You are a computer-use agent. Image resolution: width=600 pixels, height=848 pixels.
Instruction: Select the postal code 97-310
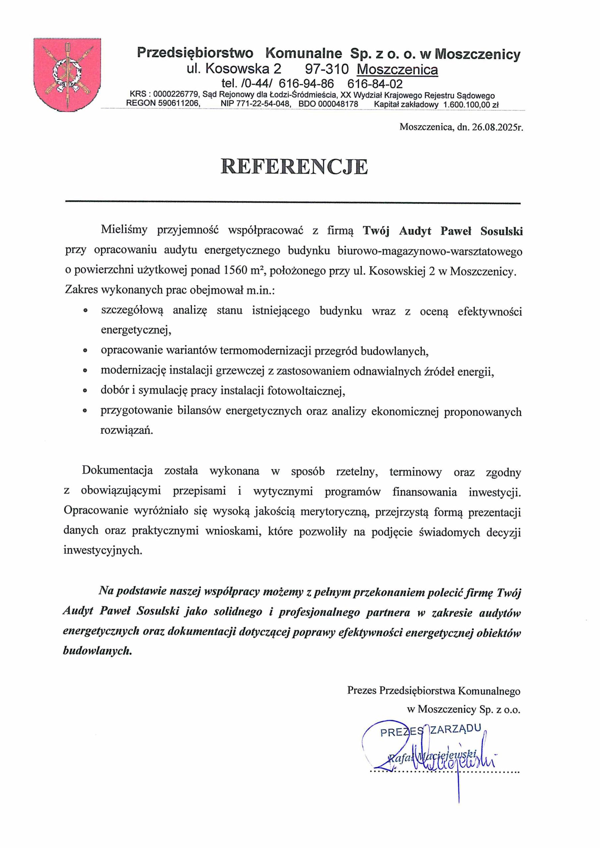click(327, 69)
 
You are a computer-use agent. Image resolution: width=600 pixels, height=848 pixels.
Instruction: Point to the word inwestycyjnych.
click(103, 550)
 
